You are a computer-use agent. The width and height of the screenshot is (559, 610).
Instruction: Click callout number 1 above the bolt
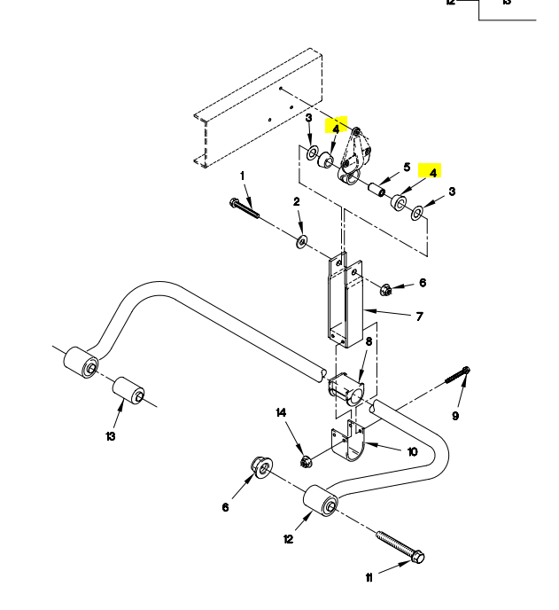(241, 176)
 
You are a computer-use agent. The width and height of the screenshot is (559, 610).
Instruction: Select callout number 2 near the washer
(297, 202)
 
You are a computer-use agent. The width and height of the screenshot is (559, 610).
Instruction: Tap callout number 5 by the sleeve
(407, 167)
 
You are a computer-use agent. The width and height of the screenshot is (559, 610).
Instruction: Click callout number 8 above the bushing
(369, 341)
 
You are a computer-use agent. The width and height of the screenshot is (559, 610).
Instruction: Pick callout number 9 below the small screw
(456, 416)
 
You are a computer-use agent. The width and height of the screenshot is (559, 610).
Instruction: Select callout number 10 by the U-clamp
(412, 450)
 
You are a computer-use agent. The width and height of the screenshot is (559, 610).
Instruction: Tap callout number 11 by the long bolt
(369, 578)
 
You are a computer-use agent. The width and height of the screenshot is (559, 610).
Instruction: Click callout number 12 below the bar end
(288, 540)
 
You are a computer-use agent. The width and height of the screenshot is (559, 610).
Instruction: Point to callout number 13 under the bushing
(111, 435)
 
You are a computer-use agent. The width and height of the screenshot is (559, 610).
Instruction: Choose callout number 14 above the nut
(282, 412)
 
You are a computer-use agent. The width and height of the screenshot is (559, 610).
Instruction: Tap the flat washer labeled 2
(303, 240)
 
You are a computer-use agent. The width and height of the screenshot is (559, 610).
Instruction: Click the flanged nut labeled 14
(306, 461)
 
